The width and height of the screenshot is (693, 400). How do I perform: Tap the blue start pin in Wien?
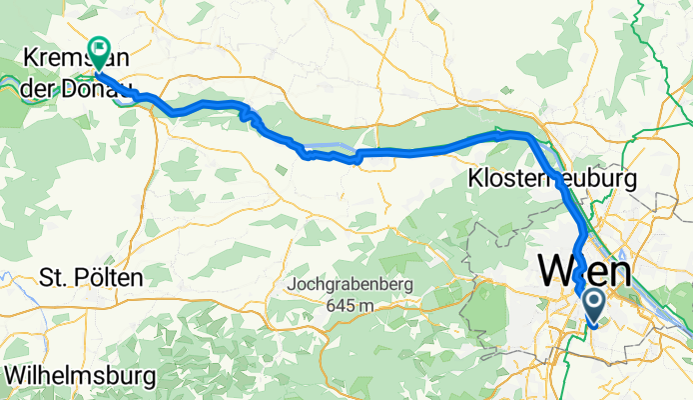click(x=592, y=305)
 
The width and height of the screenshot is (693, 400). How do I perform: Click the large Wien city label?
click(x=585, y=271)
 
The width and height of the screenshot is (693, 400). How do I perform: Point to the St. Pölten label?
click(x=90, y=275)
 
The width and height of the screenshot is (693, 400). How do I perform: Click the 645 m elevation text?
click(x=346, y=304)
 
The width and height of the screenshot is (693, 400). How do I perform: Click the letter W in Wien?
click(x=555, y=271)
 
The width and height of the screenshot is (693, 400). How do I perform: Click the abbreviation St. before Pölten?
click(x=50, y=275)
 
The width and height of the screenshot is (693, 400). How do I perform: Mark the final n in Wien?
click(x=620, y=271)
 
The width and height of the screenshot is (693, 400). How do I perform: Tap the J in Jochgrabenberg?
click(x=290, y=284)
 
